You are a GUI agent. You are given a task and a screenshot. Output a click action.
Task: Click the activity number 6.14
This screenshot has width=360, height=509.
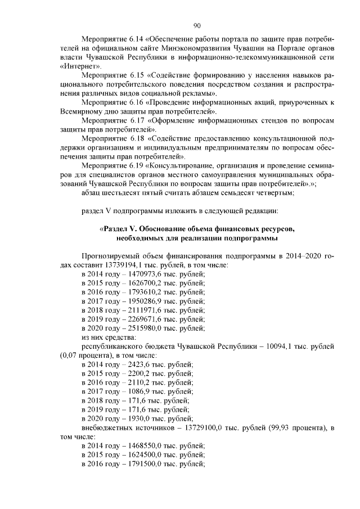(x=136, y=42)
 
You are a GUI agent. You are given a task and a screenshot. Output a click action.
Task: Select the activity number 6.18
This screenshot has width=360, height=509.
(x=136, y=138)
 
